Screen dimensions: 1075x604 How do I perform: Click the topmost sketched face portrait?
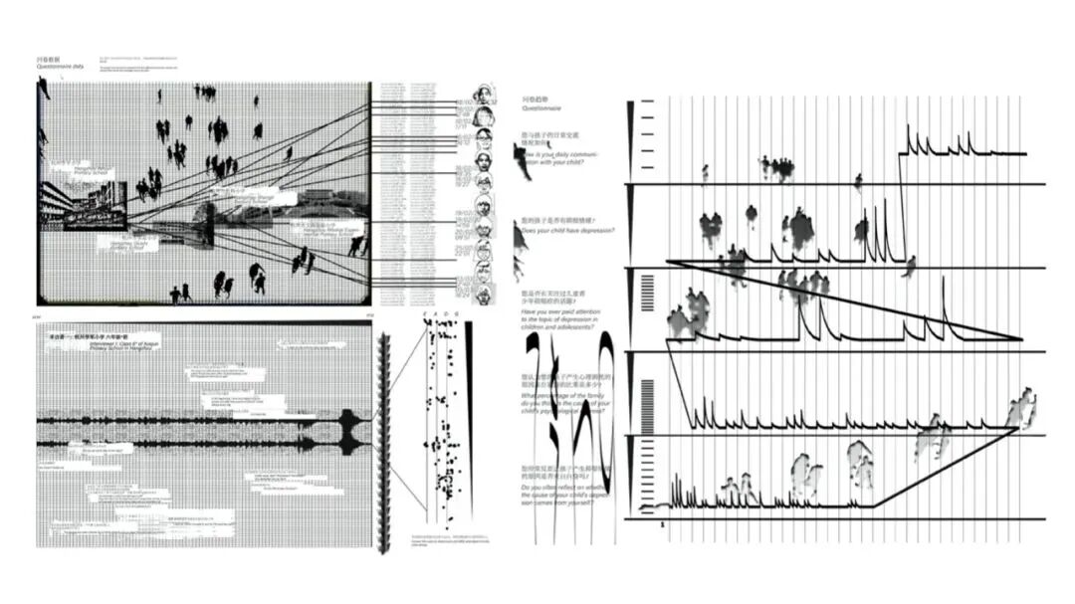[484, 93]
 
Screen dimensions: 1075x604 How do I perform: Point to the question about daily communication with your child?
[561, 160]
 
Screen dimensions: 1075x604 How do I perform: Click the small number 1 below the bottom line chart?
[662, 524]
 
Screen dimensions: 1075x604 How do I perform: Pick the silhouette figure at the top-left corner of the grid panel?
[44, 90]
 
